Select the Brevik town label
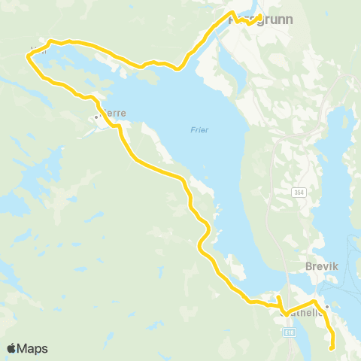pos(324,265)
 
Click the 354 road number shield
pos(298,193)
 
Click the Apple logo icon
pos(11,349)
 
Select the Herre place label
pos(113,113)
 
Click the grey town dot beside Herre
pos(96,117)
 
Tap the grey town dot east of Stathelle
pos(327,307)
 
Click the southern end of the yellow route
pos(332,347)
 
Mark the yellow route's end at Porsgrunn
pos(260,16)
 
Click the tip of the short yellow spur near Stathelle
pos(278,299)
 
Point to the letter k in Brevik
pos(338,265)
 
